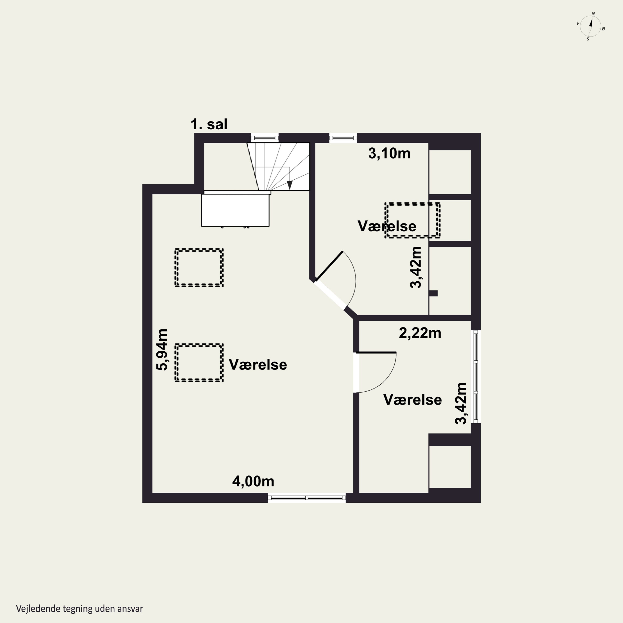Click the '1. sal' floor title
[x=209, y=124]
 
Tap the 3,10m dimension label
[x=389, y=153]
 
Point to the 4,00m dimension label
[x=253, y=481]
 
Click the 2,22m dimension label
[x=420, y=333]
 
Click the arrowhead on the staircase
[x=289, y=185]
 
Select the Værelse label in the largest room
[x=258, y=365]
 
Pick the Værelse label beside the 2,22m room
[x=412, y=400]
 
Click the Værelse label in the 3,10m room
[x=387, y=226]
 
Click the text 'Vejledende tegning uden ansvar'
[x=79, y=609]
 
